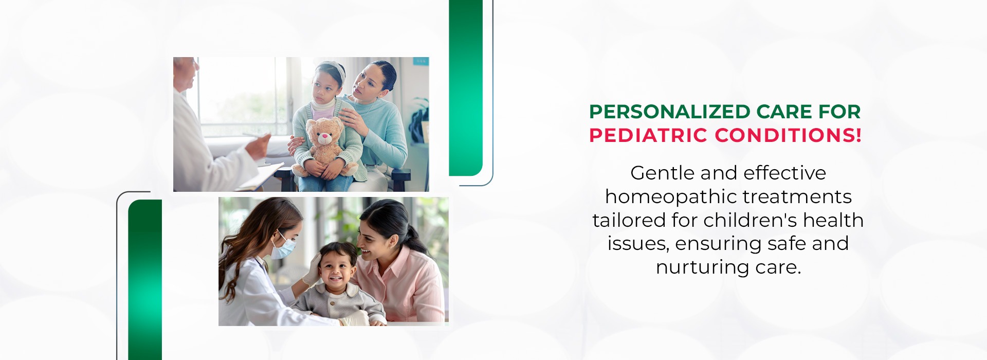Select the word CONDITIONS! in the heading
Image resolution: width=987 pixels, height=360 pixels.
tap(788, 135)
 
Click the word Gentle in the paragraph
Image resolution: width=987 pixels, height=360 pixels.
tap(662, 173)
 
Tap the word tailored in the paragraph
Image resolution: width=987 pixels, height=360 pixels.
tap(629, 220)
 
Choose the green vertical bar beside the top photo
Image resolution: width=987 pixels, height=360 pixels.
tap(466, 87)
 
